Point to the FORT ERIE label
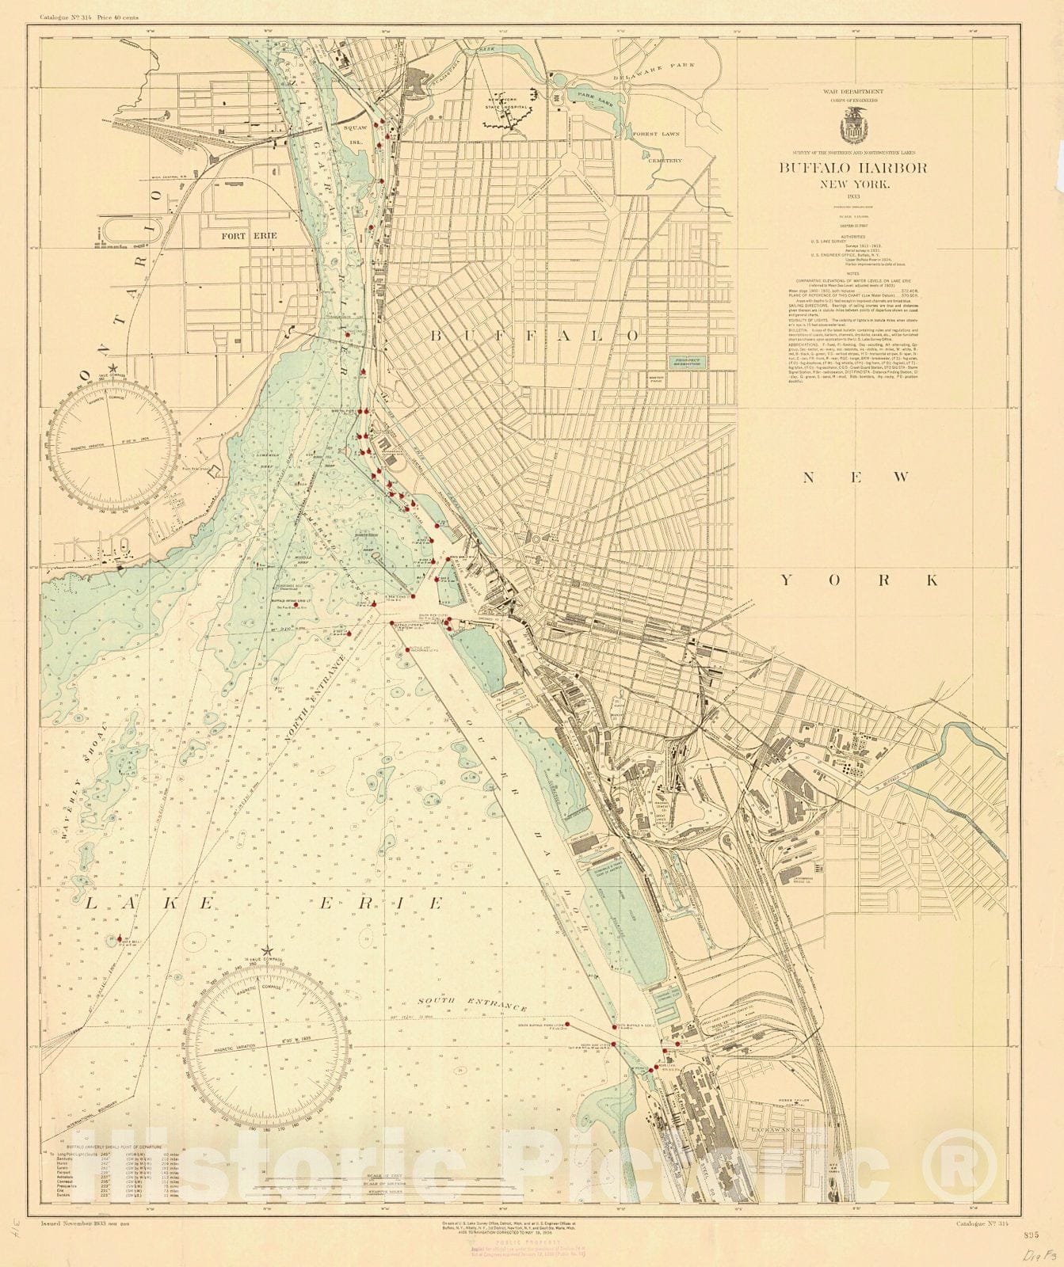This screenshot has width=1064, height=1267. click(x=243, y=236)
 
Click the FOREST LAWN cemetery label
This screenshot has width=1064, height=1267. click(x=657, y=135)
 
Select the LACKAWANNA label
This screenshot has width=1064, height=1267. click(x=777, y=1130)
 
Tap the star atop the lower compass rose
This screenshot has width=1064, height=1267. click(x=267, y=950)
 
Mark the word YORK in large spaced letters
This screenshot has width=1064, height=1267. click(x=860, y=580)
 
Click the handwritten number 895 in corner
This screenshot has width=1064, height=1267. click(x=1030, y=1235)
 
